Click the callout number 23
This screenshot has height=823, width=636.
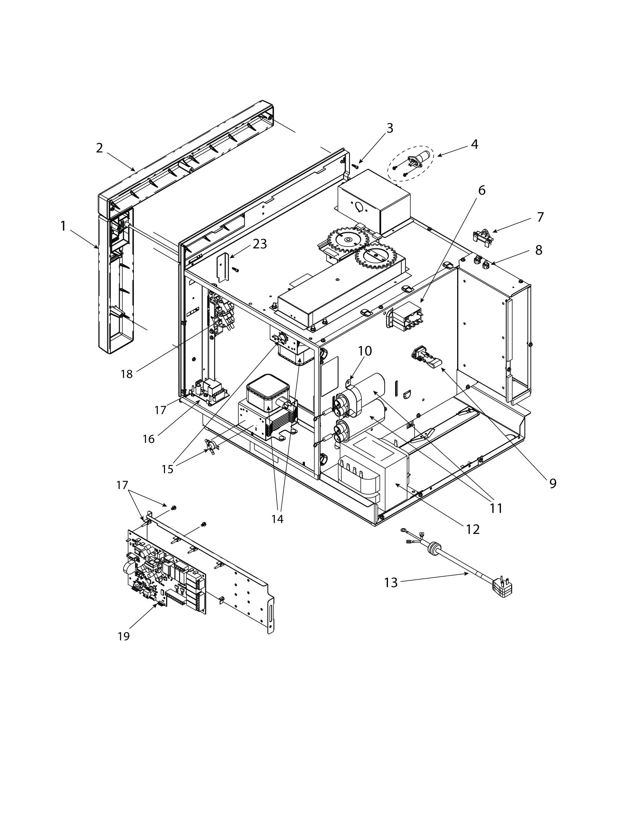[x=260, y=244]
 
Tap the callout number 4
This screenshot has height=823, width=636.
[x=474, y=144]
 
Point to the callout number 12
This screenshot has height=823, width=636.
[x=472, y=529]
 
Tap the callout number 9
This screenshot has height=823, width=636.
[x=552, y=483]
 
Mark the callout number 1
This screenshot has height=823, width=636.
[x=63, y=226]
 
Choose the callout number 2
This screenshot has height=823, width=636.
[x=99, y=148]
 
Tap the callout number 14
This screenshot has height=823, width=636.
[x=277, y=519]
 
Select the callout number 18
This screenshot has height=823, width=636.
[x=126, y=374]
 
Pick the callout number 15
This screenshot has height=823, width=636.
[x=167, y=469]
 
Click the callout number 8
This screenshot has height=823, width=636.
[x=538, y=250]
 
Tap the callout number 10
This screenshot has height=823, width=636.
[x=365, y=351]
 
